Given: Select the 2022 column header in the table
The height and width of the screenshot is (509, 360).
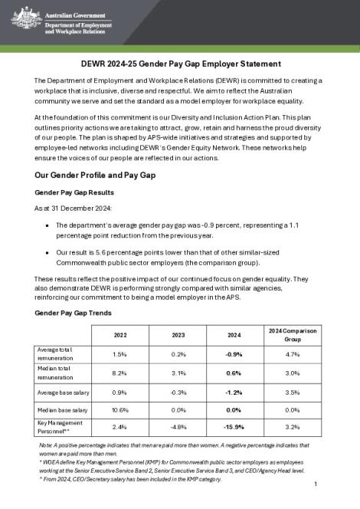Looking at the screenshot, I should click(119, 334).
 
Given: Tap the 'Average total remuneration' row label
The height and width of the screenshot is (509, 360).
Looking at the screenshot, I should click(63, 354).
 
